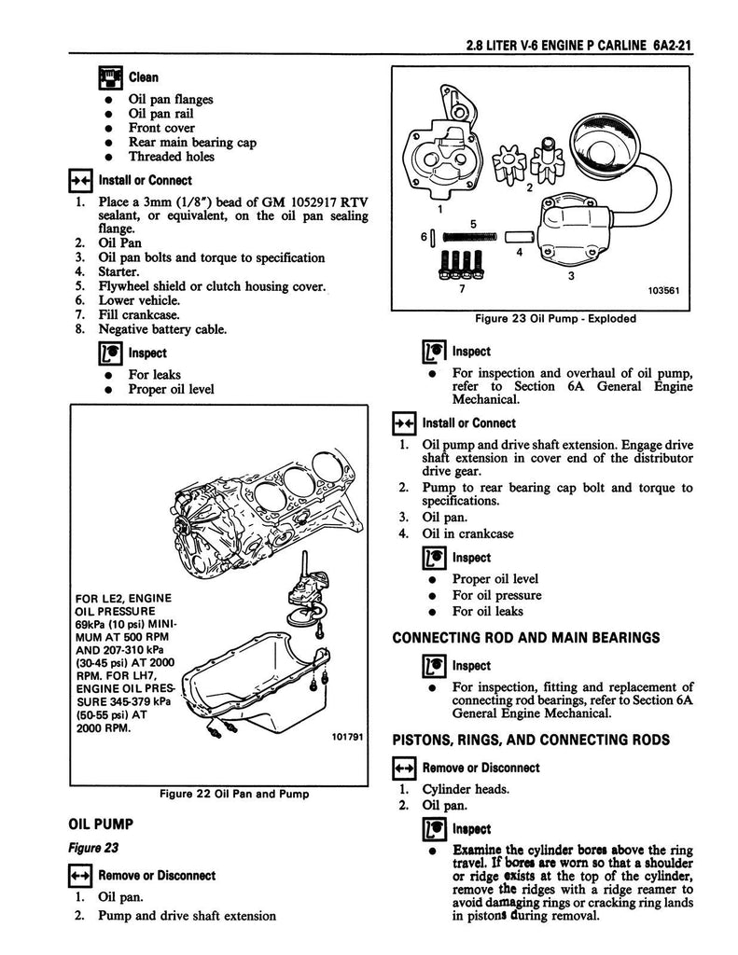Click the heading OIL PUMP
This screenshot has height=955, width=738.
pos(102,824)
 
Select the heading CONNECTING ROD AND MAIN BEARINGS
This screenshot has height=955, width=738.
pos(526,638)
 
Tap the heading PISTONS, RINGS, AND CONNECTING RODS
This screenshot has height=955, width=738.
pos(531,740)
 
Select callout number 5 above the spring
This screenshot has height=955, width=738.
pos(474,224)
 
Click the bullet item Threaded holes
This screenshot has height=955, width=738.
pos(171,157)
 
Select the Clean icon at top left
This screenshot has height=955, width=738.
pos(109,78)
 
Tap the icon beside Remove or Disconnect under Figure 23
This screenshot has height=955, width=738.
pos(81,876)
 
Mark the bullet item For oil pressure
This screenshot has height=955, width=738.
pos(496,595)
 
